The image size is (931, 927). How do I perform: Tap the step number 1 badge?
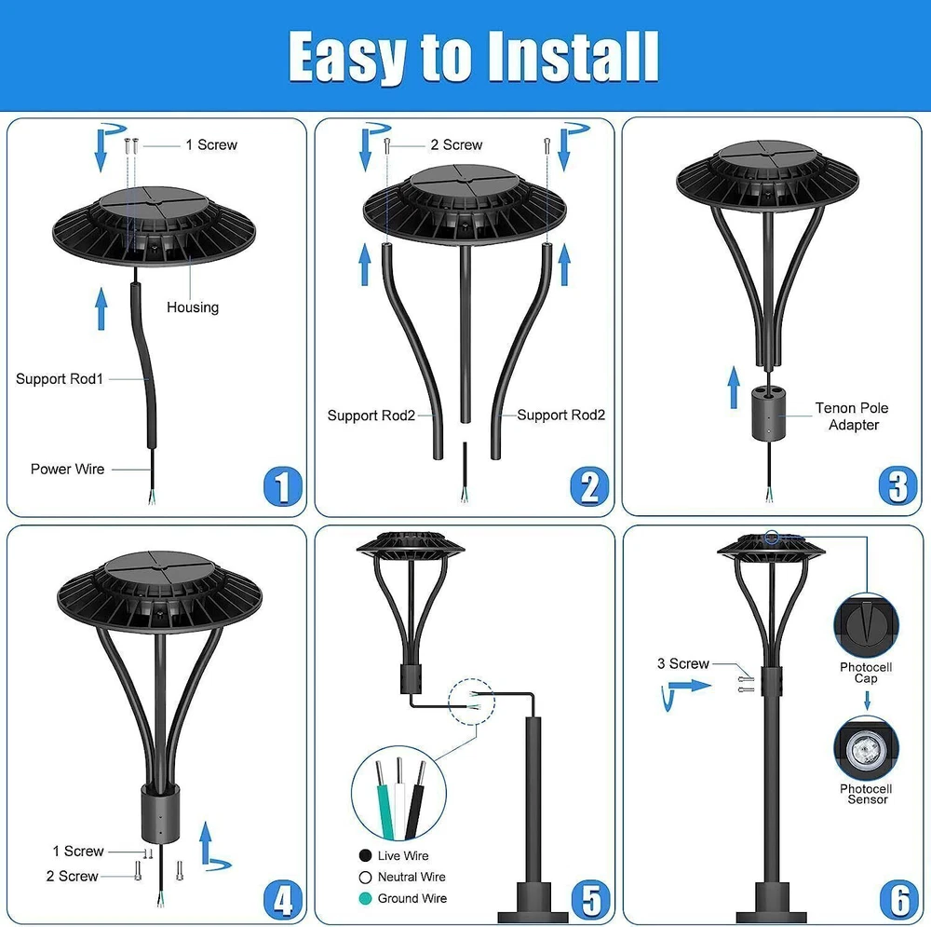(x=283, y=486)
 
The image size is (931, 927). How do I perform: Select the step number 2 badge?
(x=589, y=486)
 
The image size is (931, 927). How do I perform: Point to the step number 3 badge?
(x=897, y=485)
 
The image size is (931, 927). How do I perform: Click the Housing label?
(x=193, y=307)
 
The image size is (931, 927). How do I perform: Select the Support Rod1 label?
(x=60, y=378)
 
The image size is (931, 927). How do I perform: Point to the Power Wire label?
(x=67, y=469)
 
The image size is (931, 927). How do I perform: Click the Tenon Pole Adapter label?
(x=852, y=416)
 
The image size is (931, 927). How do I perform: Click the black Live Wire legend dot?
(x=365, y=855)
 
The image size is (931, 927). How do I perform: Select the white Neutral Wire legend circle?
(x=365, y=877)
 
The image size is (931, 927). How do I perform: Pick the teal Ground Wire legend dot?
(x=365, y=898)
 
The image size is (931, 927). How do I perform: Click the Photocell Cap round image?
(x=866, y=626)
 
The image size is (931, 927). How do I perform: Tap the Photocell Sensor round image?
(x=866, y=749)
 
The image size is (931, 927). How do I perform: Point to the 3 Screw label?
(x=682, y=663)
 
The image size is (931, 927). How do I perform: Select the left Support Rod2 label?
(x=371, y=416)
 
